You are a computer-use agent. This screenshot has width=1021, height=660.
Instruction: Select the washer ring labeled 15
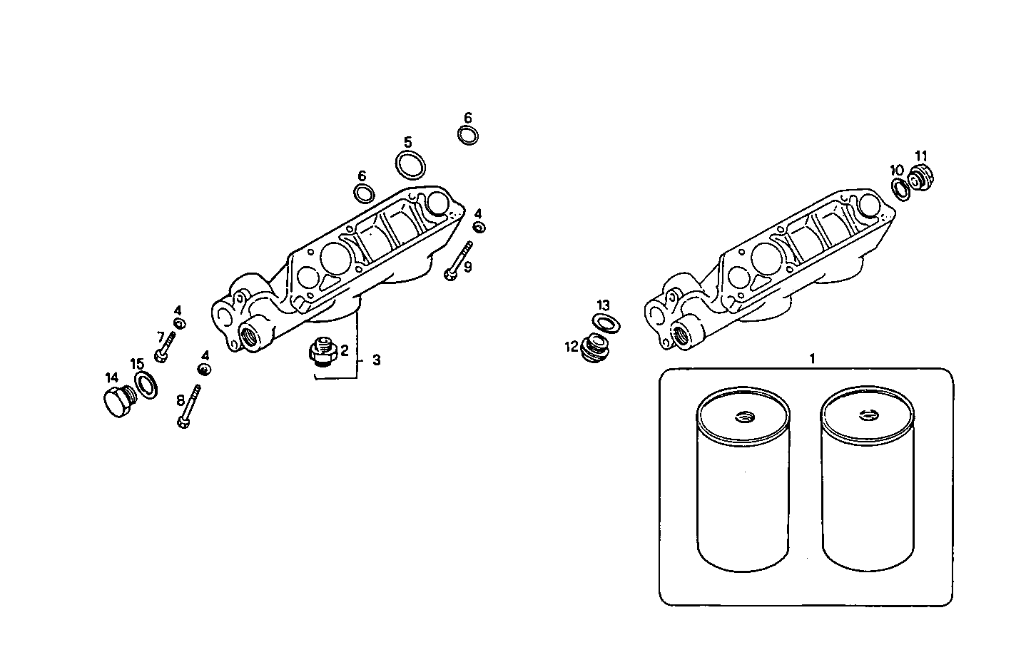click(146, 385)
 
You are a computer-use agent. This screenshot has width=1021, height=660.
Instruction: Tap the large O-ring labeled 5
click(410, 166)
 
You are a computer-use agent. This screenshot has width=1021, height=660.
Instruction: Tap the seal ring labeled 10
click(901, 188)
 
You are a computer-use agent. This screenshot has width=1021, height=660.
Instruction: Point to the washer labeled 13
click(606, 324)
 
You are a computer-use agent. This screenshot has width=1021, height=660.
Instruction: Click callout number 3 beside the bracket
click(376, 360)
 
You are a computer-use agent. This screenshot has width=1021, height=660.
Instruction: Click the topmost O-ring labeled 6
click(468, 134)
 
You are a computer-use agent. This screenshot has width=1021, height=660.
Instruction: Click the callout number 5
click(407, 142)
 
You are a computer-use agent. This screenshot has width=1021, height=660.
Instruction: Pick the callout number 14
click(112, 377)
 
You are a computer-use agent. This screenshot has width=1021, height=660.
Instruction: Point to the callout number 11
click(921, 156)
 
